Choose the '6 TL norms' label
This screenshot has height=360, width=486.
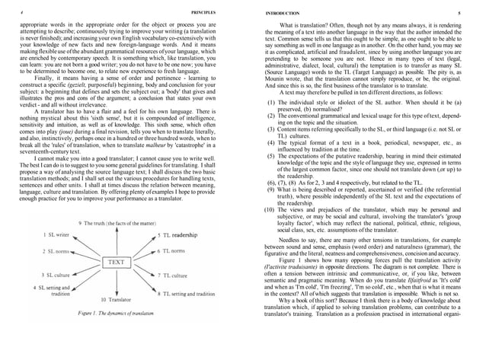[174, 250]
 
